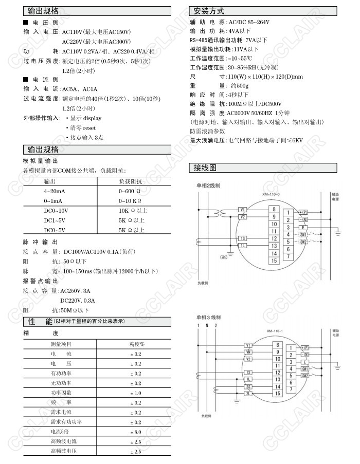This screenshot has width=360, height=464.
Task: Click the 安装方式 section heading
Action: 209,11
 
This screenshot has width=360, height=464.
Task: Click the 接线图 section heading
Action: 205,168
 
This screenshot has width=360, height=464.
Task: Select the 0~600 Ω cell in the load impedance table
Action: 129,191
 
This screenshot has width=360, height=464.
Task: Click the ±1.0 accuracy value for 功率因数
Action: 135,393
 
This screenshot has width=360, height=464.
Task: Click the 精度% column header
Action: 136,344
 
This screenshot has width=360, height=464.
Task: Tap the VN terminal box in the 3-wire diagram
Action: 248,352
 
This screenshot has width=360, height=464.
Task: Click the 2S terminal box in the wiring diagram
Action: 248,386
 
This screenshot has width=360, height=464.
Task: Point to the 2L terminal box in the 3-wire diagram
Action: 248,394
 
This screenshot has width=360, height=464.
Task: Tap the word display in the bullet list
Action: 92,118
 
